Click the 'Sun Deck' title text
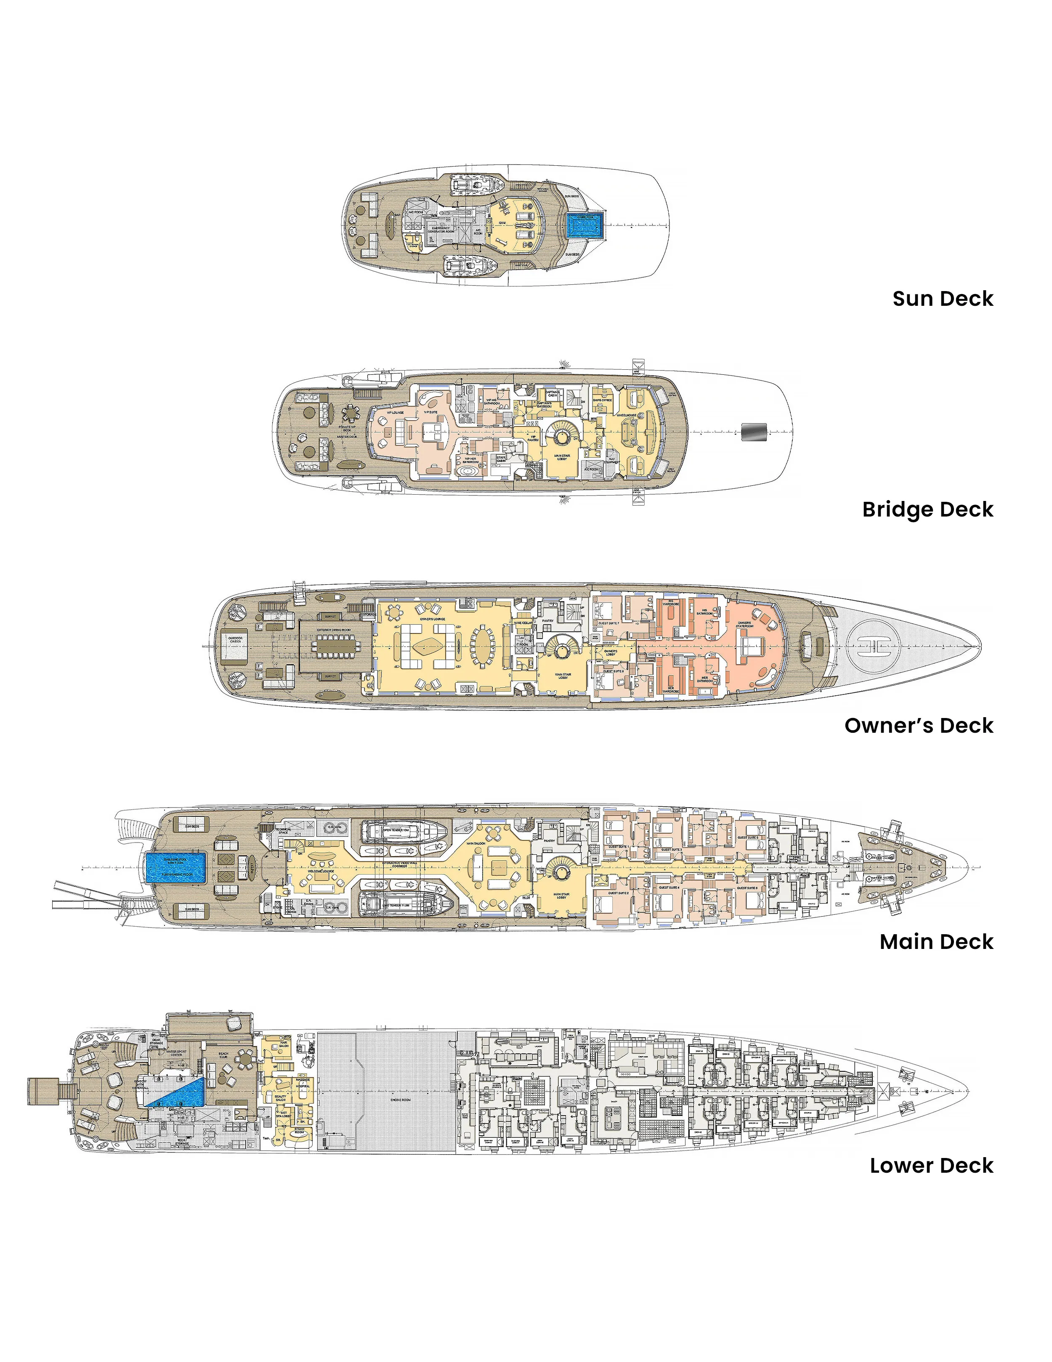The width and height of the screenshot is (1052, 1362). pyautogui.click(x=942, y=298)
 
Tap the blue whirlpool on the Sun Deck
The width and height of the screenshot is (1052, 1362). pyautogui.click(x=585, y=225)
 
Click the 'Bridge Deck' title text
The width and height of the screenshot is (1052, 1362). pyautogui.click(x=927, y=509)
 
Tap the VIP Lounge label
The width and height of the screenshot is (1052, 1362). pyautogui.click(x=395, y=413)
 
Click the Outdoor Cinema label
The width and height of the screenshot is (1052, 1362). pyautogui.click(x=235, y=640)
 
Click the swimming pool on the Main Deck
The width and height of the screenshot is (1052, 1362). pyautogui.click(x=175, y=867)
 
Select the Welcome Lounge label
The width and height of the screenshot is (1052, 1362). pyautogui.click(x=321, y=871)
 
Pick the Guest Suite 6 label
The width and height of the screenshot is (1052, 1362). pyautogui.click(x=747, y=888)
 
